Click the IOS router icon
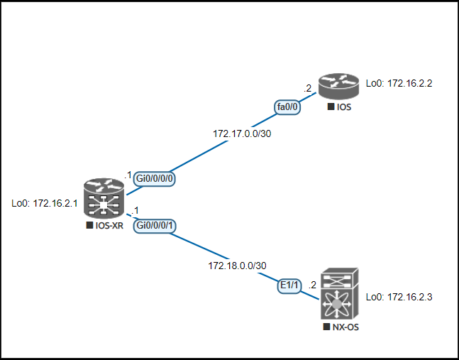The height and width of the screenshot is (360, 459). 339,86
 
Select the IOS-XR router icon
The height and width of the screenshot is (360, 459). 104,199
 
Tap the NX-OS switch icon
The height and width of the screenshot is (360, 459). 339,295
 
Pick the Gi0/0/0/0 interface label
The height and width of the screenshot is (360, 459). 155,178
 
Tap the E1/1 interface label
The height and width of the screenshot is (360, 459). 289,285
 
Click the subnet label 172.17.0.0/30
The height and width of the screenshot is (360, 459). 242,133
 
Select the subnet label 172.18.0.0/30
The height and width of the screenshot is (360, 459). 238,266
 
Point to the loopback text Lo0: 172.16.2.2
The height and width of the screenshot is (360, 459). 399,83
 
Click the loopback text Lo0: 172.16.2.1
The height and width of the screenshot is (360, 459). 45,203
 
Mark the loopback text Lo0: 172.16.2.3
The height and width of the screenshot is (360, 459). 399,297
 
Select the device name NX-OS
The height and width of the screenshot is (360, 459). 345,328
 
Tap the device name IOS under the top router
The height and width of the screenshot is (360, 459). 344,107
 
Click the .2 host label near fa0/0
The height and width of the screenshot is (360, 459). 308,89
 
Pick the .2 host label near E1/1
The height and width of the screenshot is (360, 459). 312,285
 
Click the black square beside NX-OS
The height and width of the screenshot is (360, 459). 326,328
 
